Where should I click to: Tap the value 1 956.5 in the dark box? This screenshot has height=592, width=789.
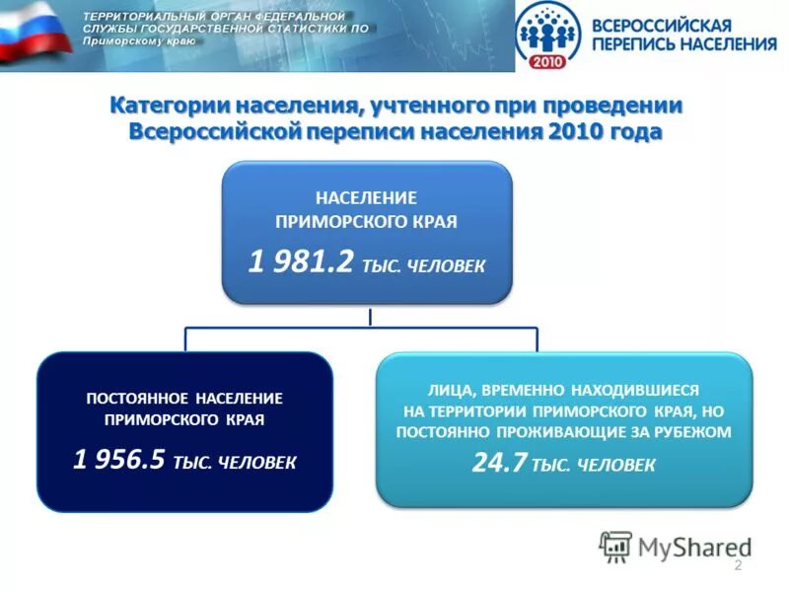[118, 459]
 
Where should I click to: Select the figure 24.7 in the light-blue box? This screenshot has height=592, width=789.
[500, 463]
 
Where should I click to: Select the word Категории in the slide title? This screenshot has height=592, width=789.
[163, 106]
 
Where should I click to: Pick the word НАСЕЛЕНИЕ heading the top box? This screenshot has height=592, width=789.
[366, 197]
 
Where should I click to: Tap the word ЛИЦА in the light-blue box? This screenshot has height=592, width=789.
[447, 390]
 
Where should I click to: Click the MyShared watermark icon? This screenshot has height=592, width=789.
[616, 546]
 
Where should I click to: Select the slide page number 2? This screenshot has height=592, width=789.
[737, 564]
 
